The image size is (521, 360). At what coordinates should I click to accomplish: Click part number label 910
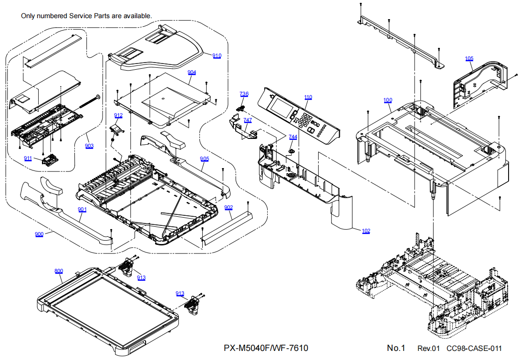[217, 56]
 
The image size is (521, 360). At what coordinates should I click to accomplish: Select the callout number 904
[192, 73]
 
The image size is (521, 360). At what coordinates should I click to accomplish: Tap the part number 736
[244, 94]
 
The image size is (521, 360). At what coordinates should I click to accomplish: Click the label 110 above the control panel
[308, 97]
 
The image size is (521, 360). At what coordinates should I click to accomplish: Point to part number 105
[469, 59]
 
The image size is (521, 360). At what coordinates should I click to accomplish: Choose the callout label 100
[388, 100]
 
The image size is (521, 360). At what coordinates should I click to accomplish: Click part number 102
[366, 231]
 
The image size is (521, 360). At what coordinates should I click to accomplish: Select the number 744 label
[292, 137]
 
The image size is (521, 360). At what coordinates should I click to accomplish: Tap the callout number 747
[248, 121]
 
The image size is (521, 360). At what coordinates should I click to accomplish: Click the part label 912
[118, 116]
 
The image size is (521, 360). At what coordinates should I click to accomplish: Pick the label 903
[89, 146]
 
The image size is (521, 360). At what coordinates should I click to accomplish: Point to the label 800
[58, 271]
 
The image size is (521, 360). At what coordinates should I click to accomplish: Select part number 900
[39, 234]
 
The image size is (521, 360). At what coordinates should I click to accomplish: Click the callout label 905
[204, 159]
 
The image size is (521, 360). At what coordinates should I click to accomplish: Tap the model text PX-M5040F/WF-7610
[269, 348]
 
